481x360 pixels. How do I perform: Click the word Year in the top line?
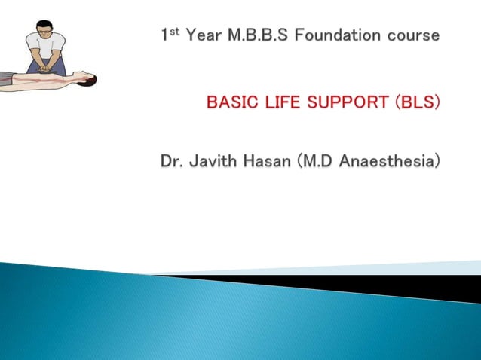[x=204, y=36]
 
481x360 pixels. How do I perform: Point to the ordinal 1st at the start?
[x=170, y=35]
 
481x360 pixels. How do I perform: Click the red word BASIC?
[x=232, y=101]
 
